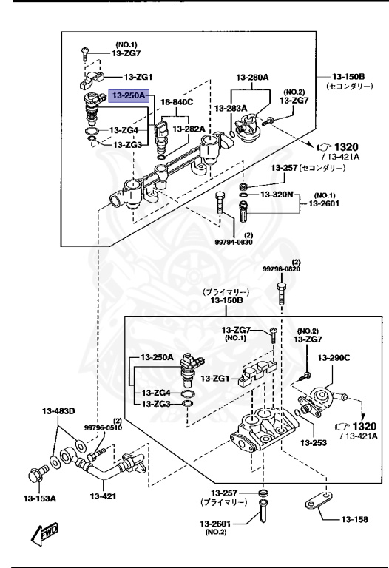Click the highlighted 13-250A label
[x=129, y=95]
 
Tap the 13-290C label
[x=334, y=359]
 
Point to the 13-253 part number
[x=314, y=443]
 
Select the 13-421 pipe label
[x=105, y=496]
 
